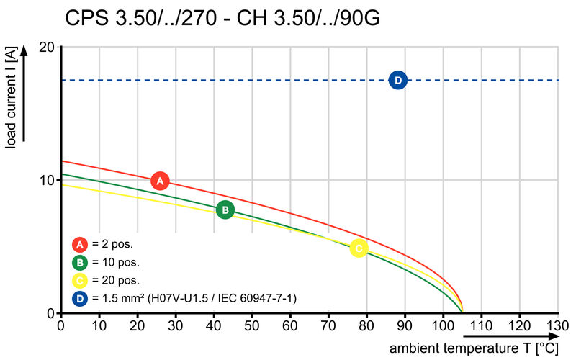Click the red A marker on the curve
point(160,181)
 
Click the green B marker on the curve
point(225,210)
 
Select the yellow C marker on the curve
point(359,248)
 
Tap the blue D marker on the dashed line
point(397,80)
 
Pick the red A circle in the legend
point(81,243)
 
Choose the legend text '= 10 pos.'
point(116,262)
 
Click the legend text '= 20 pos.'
point(116,280)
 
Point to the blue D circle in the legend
point(81,298)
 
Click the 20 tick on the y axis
point(48,48)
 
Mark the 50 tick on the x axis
point(252,325)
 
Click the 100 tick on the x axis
point(443,325)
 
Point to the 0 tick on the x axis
point(60,325)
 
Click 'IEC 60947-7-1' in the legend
point(262,298)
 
